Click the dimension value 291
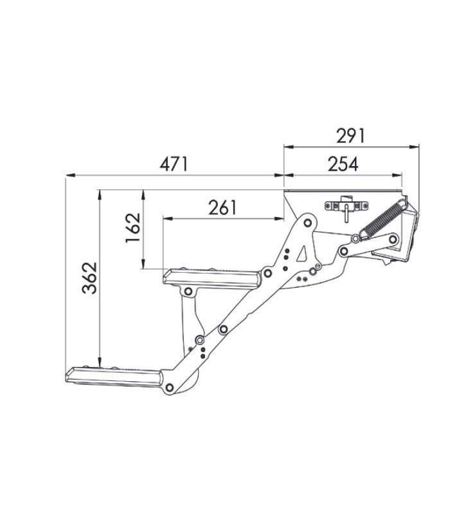(350, 136)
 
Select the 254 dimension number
(343, 164)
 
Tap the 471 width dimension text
(174, 164)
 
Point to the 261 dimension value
(223, 208)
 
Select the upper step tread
(212, 277)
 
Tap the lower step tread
(116, 376)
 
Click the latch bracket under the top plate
(346, 206)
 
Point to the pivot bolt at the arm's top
(307, 223)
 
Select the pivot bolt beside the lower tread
(169, 386)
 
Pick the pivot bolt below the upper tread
(188, 292)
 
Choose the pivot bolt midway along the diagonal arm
(222, 330)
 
